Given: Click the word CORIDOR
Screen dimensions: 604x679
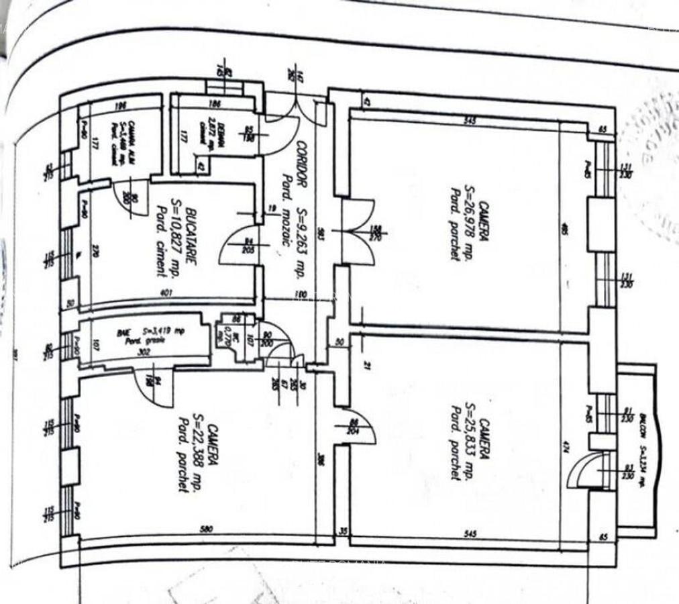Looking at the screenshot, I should coord(302,164).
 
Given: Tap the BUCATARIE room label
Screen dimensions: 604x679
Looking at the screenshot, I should coord(190,239).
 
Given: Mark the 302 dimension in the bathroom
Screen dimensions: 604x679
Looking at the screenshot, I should coord(142,350).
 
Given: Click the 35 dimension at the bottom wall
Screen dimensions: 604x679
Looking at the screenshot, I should coord(343,530).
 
